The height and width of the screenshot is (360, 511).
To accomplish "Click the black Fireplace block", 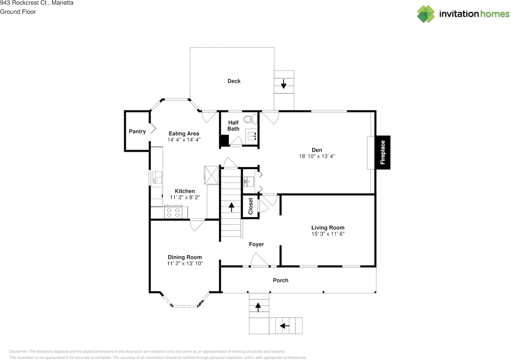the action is (383, 152).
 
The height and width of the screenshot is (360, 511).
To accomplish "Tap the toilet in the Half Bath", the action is (250, 119).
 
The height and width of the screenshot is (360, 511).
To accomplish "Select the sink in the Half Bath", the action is (252, 136).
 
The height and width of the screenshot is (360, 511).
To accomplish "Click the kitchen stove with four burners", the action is (173, 212).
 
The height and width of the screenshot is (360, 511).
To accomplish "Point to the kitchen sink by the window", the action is (157, 177).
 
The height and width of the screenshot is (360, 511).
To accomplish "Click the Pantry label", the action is (137, 131).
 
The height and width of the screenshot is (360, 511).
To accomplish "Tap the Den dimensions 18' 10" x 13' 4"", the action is (317, 156).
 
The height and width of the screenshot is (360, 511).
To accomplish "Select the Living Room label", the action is (328, 227).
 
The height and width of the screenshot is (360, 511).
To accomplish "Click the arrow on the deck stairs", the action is (283, 84).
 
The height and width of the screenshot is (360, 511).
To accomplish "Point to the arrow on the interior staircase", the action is (231, 207).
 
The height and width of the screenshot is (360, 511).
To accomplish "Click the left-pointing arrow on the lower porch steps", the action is (285, 326).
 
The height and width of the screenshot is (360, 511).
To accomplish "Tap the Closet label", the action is (250, 206).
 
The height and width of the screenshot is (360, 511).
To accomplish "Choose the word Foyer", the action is (256, 244).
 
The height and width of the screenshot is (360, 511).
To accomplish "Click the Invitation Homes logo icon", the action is (426, 14).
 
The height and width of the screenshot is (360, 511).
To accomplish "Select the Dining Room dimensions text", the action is (185, 263).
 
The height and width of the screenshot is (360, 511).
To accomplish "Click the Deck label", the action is (234, 81).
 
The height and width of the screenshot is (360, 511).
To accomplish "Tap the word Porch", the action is (281, 280).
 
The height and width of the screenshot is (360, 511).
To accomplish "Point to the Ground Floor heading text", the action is (18, 12).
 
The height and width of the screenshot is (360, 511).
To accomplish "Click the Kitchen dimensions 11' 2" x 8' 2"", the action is (185, 197).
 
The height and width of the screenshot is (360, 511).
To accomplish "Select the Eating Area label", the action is (184, 133).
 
